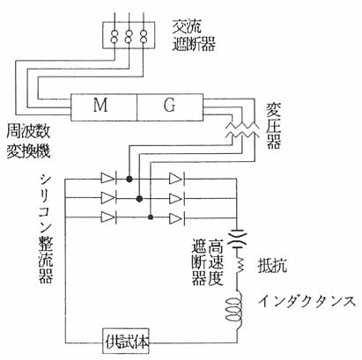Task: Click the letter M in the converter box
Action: pyautogui.click(x=100, y=105)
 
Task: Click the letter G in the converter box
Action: pyautogui.click(x=169, y=105)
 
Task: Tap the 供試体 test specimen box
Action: pyautogui.click(x=126, y=342)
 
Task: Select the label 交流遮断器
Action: pyautogui.click(x=194, y=36)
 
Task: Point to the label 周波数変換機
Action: pyautogui.click(x=28, y=142)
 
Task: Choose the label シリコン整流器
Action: pyautogui.click(x=46, y=229)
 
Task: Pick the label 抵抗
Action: pyautogui.click(x=272, y=266)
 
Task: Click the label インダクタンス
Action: pyautogui.click(x=307, y=302)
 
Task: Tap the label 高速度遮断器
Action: pyautogui.click(x=207, y=261)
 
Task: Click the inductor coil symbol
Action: pyautogui.click(x=235, y=310)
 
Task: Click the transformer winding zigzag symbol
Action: pyautogui.click(x=242, y=130)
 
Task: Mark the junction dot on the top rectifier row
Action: pyautogui.click(x=129, y=179)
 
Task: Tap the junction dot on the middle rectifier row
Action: pyautogui.click(x=139, y=199)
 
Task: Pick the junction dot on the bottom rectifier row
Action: pyautogui.click(x=151, y=217)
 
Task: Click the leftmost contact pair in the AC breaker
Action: pyautogui.click(x=114, y=35)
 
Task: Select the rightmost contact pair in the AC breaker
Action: pyautogui.click(x=143, y=35)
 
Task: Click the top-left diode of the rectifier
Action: pyautogui.click(x=108, y=179)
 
